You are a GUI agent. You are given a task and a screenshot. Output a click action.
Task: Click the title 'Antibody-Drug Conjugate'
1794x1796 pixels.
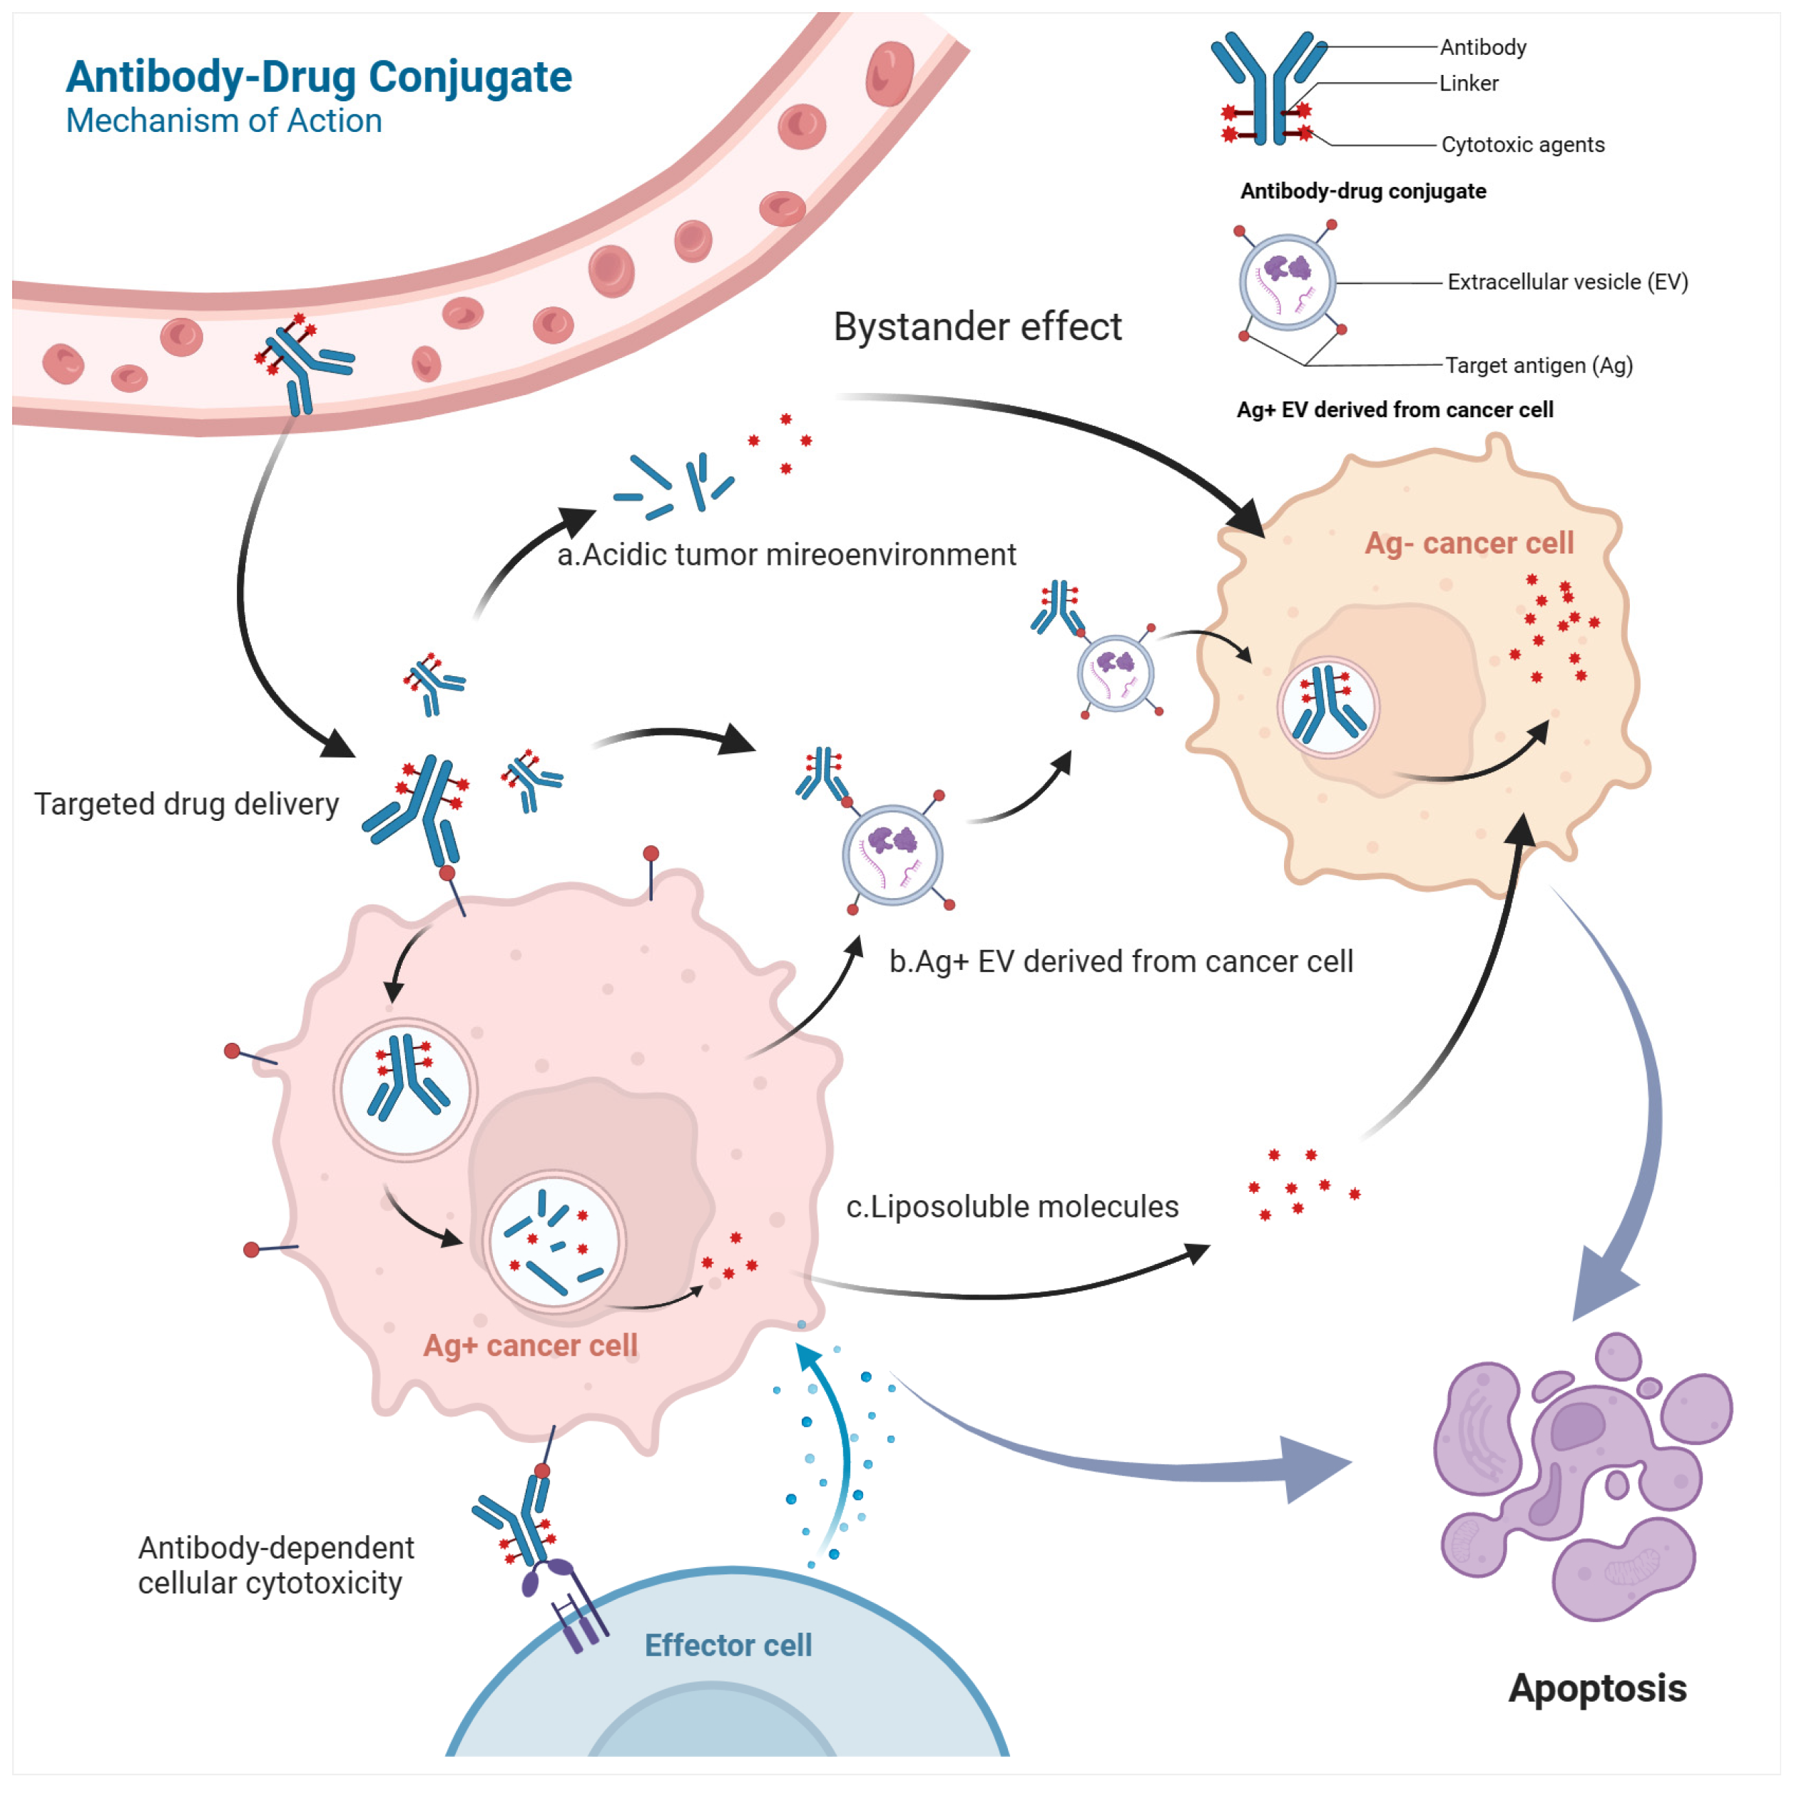pyautogui.click(x=318, y=77)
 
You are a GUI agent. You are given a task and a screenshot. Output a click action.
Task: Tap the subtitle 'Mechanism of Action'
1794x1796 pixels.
pyautogui.click(x=223, y=121)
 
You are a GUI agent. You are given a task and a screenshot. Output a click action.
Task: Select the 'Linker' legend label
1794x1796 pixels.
pyautogui.click(x=1468, y=83)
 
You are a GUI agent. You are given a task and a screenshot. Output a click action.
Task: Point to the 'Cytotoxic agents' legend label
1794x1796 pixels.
pyautogui.click(x=1522, y=145)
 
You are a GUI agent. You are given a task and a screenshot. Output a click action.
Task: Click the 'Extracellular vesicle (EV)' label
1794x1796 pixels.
pyautogui.click(x=1566, y=282)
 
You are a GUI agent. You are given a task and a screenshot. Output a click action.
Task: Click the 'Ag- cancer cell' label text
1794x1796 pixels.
pyautogui.click(x=1468, y=543)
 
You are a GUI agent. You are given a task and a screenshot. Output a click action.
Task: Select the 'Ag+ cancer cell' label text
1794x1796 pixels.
pyautogui.click(x=530, y=1345)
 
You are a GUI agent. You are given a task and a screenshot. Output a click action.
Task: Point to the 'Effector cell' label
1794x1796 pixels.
pyautogui.click(x=728, y=1646)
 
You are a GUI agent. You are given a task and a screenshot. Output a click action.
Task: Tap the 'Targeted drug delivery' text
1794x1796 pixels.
pyautogui.click(x=186, y=804)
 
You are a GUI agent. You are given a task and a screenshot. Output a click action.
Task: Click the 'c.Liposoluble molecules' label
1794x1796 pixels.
pyautogui.click(x=1011, y=1207)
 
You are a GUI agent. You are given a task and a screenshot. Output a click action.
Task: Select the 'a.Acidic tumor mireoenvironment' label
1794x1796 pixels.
pyautogui.click(x=785, y=555)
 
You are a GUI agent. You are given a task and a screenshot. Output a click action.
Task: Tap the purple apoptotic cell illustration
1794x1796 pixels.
pyautogui.click(x=1580, y=1478)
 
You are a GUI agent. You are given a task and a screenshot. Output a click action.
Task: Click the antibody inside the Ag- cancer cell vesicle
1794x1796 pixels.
pyautogui.click(x=1327, y=707)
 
